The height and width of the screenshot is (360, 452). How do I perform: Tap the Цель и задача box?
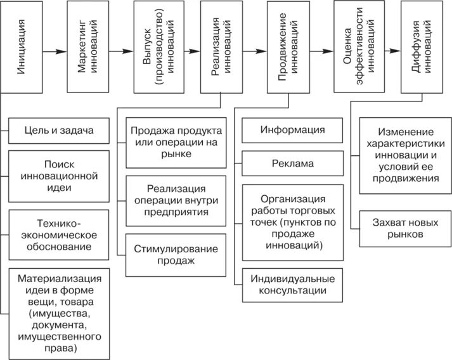tap(60, 131)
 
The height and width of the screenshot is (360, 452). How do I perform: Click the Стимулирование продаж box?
tap(176, 254)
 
